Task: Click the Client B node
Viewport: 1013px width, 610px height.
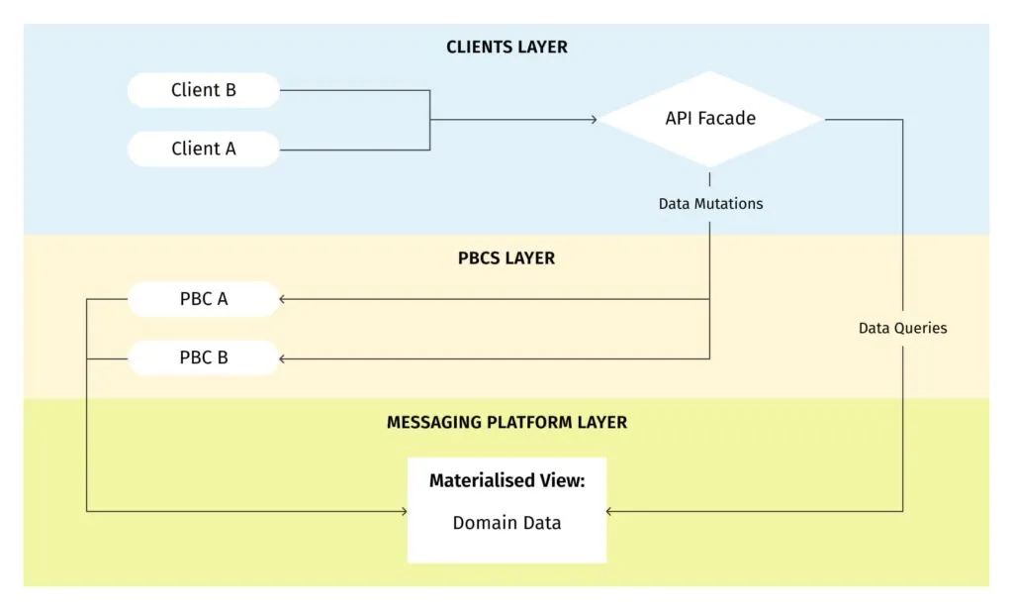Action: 204,90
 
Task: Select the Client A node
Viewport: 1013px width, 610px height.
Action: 204,149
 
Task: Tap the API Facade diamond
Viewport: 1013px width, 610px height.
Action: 710,119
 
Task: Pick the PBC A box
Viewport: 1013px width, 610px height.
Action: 204,298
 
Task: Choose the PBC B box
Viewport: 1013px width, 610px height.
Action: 204,357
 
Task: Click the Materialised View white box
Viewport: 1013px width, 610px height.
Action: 506,510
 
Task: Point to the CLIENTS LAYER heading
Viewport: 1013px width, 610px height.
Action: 506,48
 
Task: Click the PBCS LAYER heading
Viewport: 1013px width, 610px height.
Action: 506,258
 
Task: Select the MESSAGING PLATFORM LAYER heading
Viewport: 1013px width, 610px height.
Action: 506,422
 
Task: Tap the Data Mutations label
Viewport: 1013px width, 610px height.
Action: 710,204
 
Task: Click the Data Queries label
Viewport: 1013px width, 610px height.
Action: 902,328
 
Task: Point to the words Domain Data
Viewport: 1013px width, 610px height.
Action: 506,523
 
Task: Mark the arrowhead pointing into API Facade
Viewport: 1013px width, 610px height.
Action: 594,120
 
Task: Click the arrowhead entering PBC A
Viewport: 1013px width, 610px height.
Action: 284,298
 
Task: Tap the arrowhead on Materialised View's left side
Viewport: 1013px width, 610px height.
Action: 403,511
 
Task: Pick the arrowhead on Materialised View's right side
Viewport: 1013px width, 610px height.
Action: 610,511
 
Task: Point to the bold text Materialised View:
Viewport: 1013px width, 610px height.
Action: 506,481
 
